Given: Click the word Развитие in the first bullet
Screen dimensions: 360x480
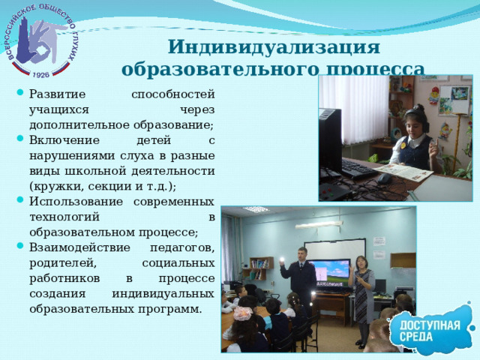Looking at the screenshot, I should point(54,94).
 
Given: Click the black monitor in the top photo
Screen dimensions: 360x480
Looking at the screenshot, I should point(330,142).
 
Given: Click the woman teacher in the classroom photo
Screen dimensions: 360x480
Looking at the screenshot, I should point(363,296).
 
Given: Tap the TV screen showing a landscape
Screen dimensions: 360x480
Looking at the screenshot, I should point(330,270).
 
